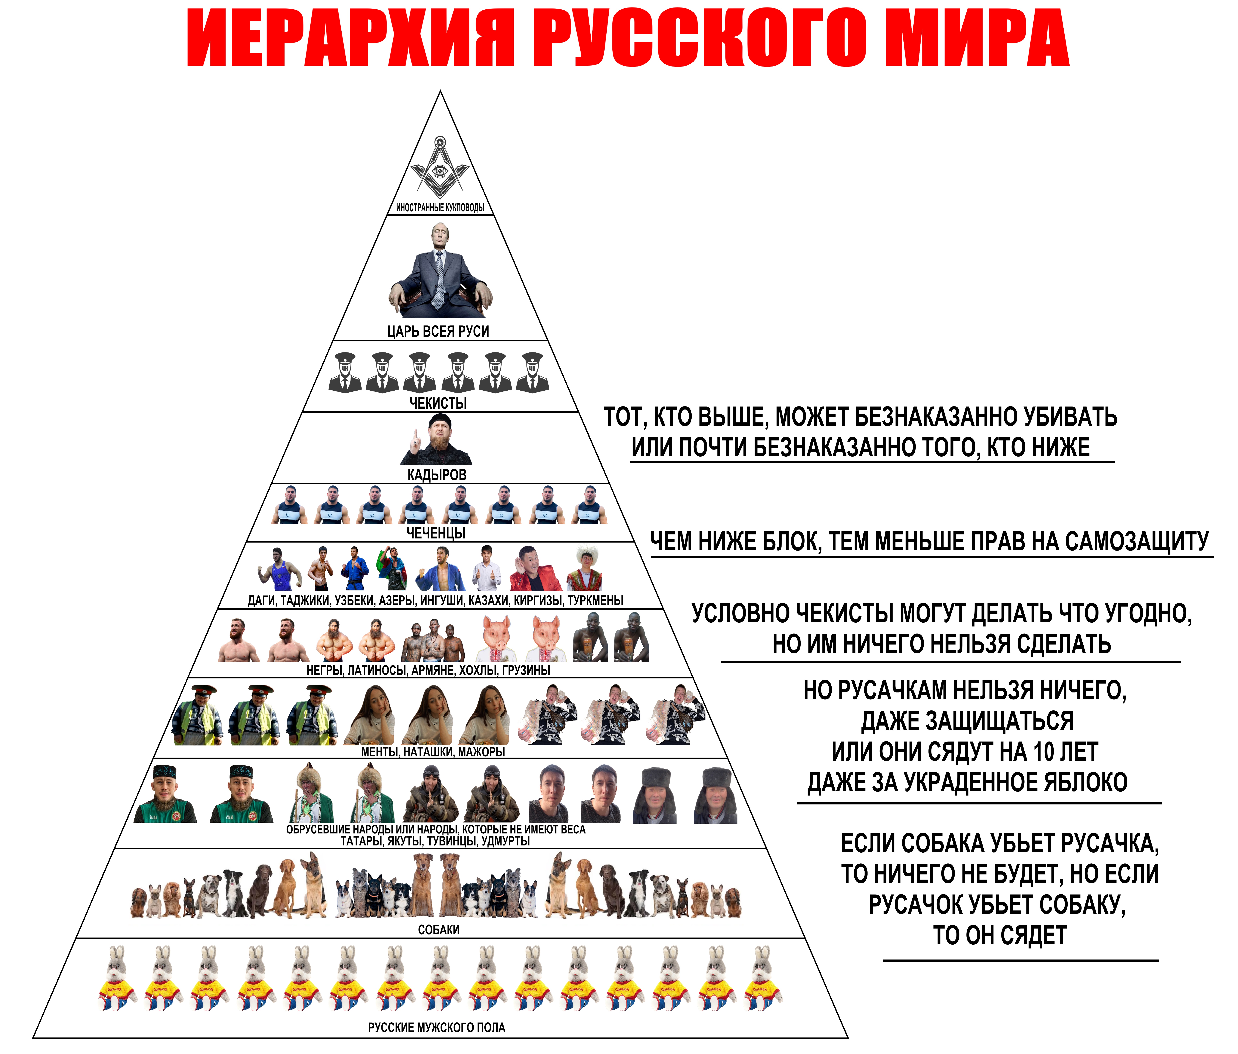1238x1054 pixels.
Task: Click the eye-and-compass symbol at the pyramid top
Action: point(440,167)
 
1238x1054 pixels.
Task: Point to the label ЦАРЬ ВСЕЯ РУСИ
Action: point(438,331)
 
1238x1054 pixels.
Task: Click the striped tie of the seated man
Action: point(440,278)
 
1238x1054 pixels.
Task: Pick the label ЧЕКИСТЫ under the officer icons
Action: point(438,403)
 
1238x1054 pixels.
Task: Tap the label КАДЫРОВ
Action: point(437,475)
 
